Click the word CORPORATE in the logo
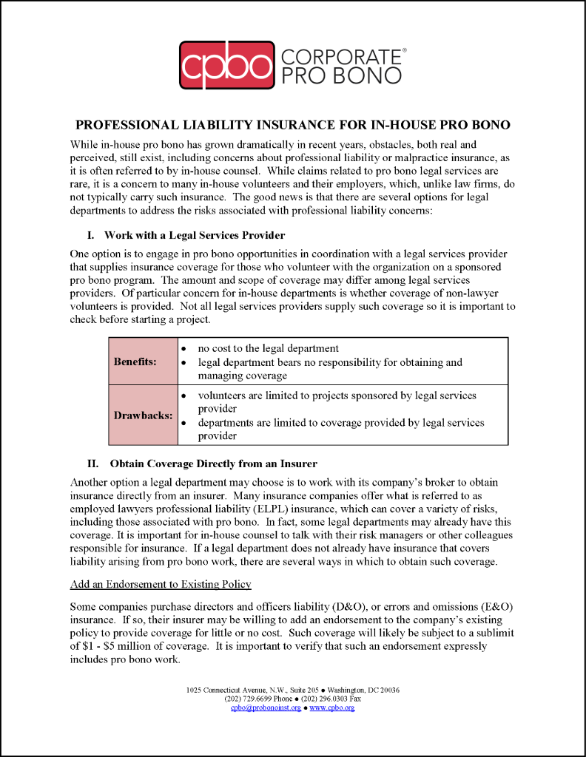tap(340, 56)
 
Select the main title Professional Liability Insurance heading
tap(293, 125)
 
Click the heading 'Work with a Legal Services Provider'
tap(195, 236)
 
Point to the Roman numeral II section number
tap(93, 464)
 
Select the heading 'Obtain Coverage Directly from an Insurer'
tap(213, 464)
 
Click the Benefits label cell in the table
tap(135, 361)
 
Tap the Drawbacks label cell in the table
tap(143, 415)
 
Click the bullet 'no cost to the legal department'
tap(268, 348)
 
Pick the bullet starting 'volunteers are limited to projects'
tap(337, 396)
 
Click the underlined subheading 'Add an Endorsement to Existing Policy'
tap(161, 585)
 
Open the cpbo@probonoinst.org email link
tap(266, 707)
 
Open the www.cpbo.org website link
tap(331, 707)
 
